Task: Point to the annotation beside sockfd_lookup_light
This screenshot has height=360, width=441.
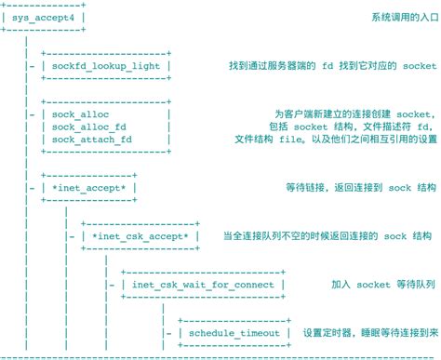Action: tap(332, 66)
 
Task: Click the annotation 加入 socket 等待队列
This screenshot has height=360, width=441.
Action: tap(383, 284)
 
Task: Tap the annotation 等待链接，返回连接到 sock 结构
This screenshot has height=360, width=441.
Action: tap(362, 187)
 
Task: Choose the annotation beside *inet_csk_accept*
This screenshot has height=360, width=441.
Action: tap(327, 235)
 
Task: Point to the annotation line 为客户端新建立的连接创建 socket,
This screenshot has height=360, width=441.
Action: tap(355, 114)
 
